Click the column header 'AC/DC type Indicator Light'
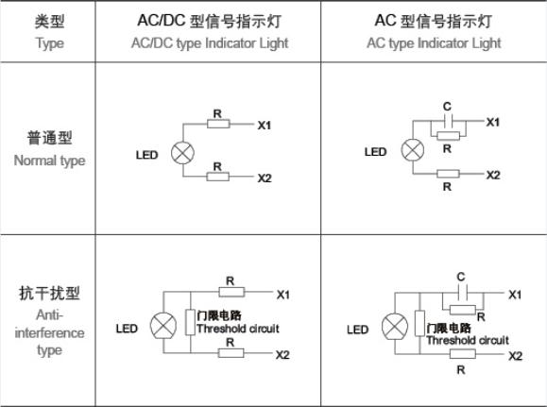[210, 44]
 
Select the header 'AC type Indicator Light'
[434, 44]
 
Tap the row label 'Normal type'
[49, 161]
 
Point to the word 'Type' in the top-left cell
[50, 44]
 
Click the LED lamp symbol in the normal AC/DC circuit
[182, 153]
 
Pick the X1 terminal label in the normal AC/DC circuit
[265, 126]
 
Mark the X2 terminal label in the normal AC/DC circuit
[265, 178]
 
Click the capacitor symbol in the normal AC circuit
[448, 121]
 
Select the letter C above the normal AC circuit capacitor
[447, 107]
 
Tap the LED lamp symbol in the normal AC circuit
[413, 150]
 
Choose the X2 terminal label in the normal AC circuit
[493, 175]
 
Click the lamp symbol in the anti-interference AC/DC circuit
[163, 326]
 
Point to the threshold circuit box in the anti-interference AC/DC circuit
[190, 322]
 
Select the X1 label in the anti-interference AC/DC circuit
[282, 295]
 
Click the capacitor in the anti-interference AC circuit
[463, 292]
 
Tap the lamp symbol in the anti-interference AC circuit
[395, 327]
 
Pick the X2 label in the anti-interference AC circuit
[515, 356]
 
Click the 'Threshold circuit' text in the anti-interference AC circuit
[468, 340]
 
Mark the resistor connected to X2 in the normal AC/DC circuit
[218, 177]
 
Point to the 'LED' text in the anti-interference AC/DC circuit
[127, 329]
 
